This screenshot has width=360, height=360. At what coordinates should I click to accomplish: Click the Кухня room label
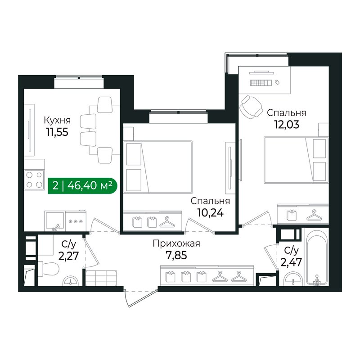(x=57, y=120)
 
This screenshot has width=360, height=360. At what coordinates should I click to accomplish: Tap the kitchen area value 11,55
(x=57, y=132)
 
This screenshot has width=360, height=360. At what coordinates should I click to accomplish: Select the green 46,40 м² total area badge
(x=82, y=185)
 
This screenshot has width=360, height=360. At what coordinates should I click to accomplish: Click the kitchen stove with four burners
(x=34, y=180)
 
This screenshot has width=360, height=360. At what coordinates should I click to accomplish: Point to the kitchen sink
(x=54, y=221)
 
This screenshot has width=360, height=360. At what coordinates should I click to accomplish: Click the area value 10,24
(x=210, y=213)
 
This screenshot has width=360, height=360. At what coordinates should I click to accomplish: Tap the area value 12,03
(x=287, y=125)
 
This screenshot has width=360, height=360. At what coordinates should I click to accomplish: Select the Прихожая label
(x=176, y=243)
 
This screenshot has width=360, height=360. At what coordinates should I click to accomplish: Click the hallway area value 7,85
(x=176, y=255)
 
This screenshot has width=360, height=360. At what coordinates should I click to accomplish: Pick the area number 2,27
(x=69, y=256)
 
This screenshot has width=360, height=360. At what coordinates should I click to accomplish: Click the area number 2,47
(x=291, y=262)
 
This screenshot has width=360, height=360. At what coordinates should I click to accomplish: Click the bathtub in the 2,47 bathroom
(x=317, y=257)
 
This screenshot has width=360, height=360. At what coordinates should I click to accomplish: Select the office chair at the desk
(x=251, y=106)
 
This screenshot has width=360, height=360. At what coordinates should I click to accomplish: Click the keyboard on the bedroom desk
(x=261, y=83)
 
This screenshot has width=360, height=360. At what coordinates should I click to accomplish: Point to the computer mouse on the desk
(x=277, y=82)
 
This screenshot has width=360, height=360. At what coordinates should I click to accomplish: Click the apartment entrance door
(x=140, y=297)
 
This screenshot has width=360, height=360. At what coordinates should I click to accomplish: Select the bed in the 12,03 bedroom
(x=296, y=160)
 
